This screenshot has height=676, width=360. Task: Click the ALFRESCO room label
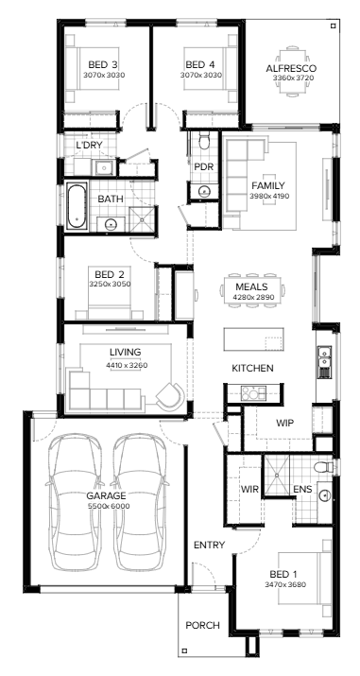tap(292, 68)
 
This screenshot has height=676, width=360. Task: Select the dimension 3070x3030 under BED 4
tap(200, 75)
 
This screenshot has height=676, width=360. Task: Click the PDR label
tap(203, 167)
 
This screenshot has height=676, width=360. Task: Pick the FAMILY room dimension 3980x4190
tap(267, 196)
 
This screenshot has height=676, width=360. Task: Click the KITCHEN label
tap(252, 368)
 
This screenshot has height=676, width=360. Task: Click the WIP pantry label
tap(286, 424)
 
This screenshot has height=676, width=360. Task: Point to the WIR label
tap(249, 489)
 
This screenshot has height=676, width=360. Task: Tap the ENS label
tap(302, 489)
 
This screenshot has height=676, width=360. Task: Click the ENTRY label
tap(209, 546)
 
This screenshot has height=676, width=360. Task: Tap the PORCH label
tap(202, 625)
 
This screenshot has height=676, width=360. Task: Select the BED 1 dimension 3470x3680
tap(286, 585)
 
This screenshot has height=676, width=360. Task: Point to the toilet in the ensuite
tap(325, 467)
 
